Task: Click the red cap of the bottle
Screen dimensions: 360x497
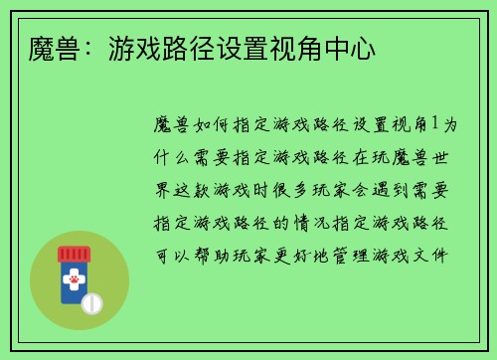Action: point(74,254)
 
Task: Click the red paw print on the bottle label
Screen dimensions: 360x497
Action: point(74,284)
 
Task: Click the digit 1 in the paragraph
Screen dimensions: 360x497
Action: point(433,123)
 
